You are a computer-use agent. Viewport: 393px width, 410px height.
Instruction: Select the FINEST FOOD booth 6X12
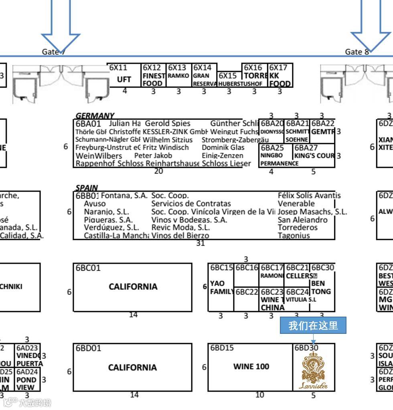154,75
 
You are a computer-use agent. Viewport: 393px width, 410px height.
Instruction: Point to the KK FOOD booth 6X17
280,76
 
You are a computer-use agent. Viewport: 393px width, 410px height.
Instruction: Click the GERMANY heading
95,116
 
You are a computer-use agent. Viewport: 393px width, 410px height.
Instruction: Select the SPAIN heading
87,188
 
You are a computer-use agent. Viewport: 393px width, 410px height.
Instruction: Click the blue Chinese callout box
313,325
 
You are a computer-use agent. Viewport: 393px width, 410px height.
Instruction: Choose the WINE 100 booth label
251,366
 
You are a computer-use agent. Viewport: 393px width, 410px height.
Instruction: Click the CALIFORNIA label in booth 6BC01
133,287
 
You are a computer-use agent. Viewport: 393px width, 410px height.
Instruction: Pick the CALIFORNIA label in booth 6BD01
132,367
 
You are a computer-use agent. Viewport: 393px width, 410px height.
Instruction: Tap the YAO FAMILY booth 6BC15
221,287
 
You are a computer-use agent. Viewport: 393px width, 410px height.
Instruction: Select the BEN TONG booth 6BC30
321,287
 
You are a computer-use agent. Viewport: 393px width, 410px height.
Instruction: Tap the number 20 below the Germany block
158,171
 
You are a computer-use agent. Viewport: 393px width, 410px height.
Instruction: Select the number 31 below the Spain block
200,243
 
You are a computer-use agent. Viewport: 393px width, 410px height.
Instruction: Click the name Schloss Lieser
226,164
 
